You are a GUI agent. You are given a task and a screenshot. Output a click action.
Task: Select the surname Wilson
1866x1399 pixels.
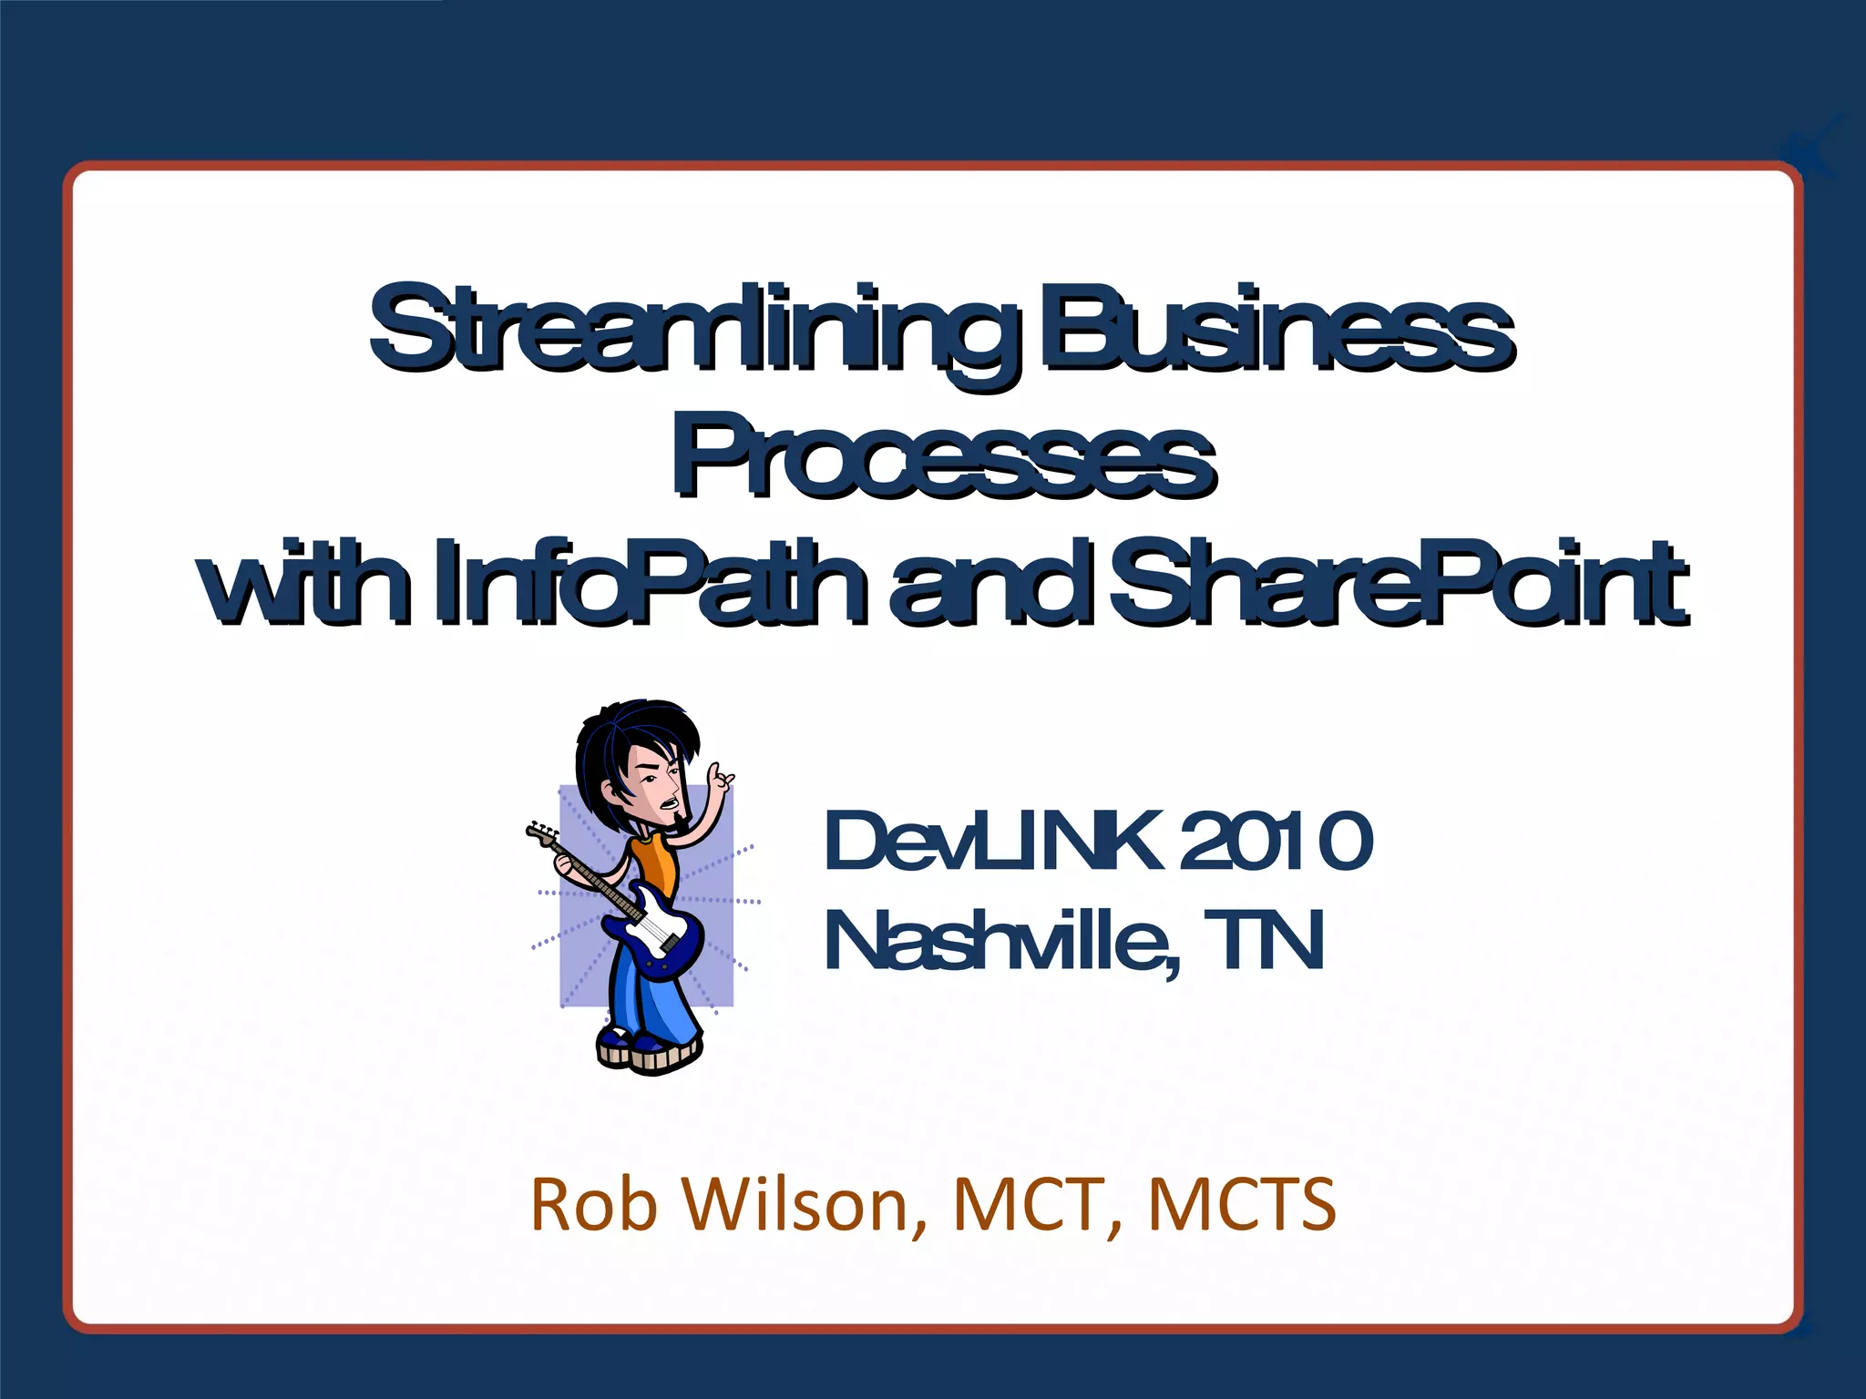(802, 1204)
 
